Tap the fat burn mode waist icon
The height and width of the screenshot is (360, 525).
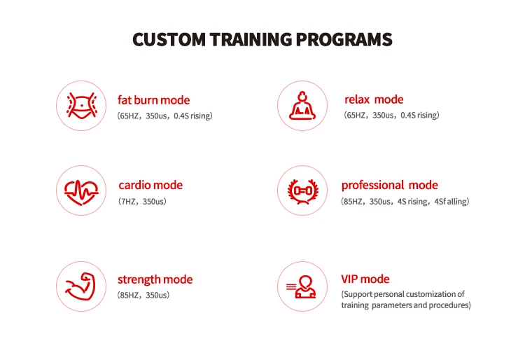point(80,106)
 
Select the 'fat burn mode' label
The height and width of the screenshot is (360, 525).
point(154,99)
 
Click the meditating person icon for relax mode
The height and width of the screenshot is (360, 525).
point(302,106)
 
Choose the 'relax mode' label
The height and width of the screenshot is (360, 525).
point(374,99)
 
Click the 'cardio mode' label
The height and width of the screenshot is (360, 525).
point(150,185)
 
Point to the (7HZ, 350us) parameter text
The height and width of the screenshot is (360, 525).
point(142,202)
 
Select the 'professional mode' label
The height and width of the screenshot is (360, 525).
point(389,185)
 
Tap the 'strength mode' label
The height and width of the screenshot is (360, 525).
point(155,279)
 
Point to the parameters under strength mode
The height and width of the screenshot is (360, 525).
point(143,296)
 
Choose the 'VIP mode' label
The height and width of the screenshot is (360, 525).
point(365,279)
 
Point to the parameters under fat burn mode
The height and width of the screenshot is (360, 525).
point(164,116)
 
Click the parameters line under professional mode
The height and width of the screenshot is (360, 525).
point(405,202)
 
